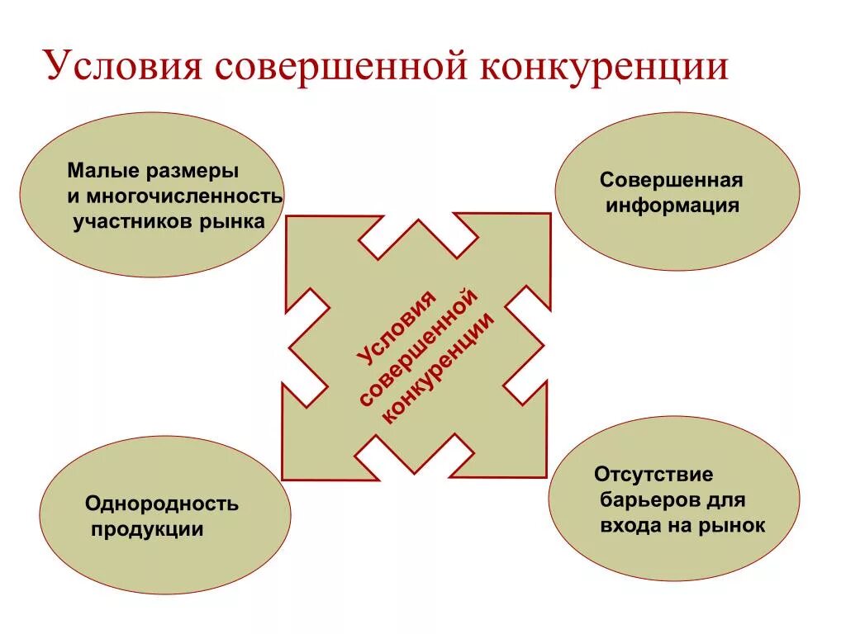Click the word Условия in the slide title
pyautogui.click(x=123, y=67)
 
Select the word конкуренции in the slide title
pyautogui.click(x=603, y=67)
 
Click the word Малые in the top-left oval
pyautogui.click(x=103, y=172)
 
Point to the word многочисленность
pyautogui.click(x=183, y=197)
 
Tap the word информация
pyautogui.click(x=672, y=206)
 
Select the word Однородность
pyautogui.click(x=162, y=504)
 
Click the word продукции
pyautogui.click(x=146, y=529)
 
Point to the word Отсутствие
pyautogui.click(x=653, y=475)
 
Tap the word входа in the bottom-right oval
pyautogui.click(x=627, y=526)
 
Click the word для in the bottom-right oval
pyautogui.click(x=726, y=500)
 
